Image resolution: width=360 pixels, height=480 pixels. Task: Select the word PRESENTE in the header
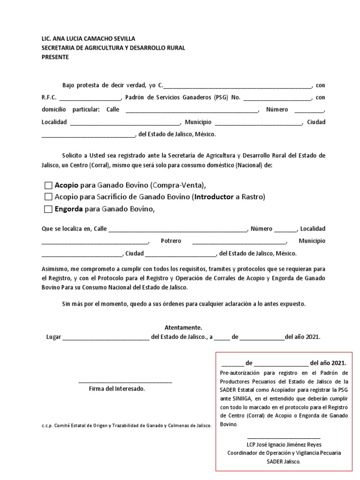55,57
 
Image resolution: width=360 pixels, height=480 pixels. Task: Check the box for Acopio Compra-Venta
48,185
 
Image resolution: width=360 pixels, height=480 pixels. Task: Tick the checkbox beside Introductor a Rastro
48,197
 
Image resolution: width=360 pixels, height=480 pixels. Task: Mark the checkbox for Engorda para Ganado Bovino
48,209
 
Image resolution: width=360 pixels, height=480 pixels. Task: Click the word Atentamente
183,327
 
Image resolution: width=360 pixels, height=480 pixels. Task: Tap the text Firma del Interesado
117,389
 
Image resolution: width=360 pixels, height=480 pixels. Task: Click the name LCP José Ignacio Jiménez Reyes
284,444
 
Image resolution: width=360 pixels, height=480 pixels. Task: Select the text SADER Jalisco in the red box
284,461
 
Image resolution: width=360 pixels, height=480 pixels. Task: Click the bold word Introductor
213,197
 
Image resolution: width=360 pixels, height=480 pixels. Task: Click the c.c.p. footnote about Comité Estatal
127,426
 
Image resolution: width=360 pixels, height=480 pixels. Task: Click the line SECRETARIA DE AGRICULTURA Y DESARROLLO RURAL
113,48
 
